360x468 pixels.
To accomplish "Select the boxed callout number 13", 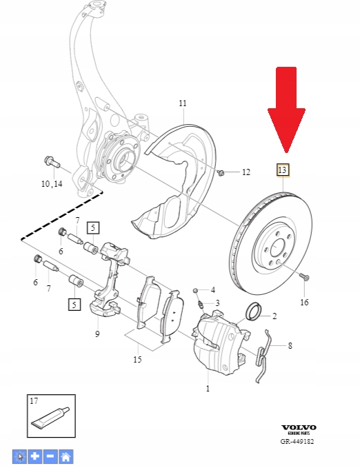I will (x=282, y=169).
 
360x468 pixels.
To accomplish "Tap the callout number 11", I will (x=183, y=103).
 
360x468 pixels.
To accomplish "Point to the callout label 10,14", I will (x=51, y=184).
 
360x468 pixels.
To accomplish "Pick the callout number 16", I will (x=304, y=302).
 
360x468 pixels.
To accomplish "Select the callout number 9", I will (x=97, y=334).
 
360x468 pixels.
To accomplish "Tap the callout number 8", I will (x=290, y=345).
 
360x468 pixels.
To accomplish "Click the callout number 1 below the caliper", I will (x=208, y=389).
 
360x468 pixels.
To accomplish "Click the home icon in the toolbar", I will (x=66, y=456).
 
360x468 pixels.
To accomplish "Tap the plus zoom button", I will (x=35, y=456).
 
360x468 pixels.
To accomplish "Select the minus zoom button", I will (x=50, y=456).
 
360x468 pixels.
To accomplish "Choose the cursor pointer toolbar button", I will (x=20, y=456).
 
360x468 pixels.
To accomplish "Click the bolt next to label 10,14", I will (x=51, y=163).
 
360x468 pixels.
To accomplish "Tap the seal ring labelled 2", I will (x=254, y=312).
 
